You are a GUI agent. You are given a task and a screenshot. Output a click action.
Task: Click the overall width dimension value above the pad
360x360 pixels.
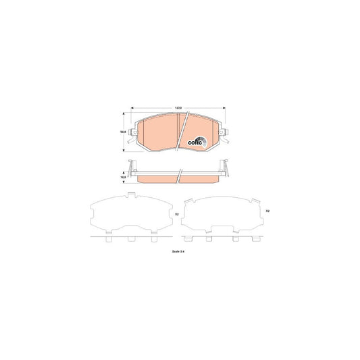(178, 107)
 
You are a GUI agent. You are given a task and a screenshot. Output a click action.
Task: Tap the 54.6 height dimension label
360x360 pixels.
(122, 133)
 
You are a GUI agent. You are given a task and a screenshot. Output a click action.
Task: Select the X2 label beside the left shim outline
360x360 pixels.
(177, 214)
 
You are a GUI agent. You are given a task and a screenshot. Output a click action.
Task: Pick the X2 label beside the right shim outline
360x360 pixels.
(268, 211)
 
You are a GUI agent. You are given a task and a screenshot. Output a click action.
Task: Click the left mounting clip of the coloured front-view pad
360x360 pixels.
(133, 134)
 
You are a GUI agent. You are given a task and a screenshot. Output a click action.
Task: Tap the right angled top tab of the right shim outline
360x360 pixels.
(254, 200)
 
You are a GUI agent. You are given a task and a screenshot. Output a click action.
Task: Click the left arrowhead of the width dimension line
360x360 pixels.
(132, 107)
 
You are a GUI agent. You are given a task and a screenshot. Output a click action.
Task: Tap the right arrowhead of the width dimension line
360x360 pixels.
(224, 107)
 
